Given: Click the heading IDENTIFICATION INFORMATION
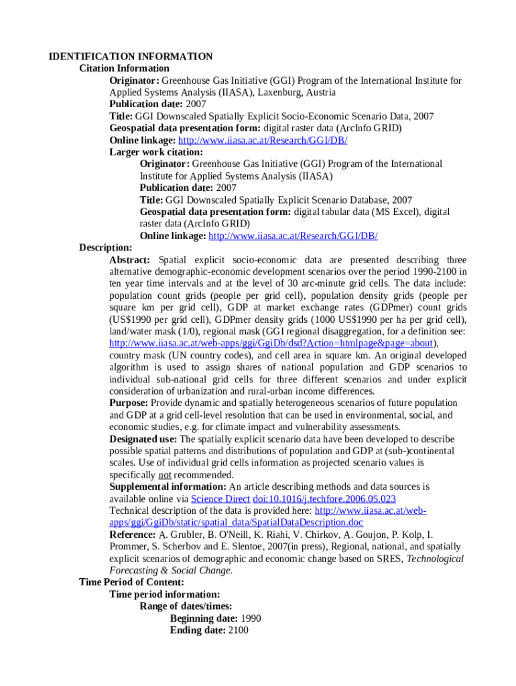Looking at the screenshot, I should [x=131, y=56].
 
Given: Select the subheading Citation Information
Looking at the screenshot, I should [x=124, y=68].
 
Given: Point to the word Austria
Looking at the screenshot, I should [x=321, y=92].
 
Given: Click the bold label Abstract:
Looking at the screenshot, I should [x=133, y=260].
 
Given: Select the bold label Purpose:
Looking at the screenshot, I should [x=129, y=403].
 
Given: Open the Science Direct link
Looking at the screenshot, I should [x=220, y=499].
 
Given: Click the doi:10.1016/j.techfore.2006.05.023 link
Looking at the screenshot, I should [x=324, y=499].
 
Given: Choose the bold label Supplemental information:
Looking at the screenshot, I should [x=168, y=487].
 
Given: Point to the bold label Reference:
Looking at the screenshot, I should [x=133, y=535].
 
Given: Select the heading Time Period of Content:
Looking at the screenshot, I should [x=131, y=582].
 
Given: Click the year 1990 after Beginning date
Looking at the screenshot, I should [x=251, y=618].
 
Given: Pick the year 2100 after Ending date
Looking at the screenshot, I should [x=238, y=630].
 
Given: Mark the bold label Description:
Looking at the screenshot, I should [x=106, y=248].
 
